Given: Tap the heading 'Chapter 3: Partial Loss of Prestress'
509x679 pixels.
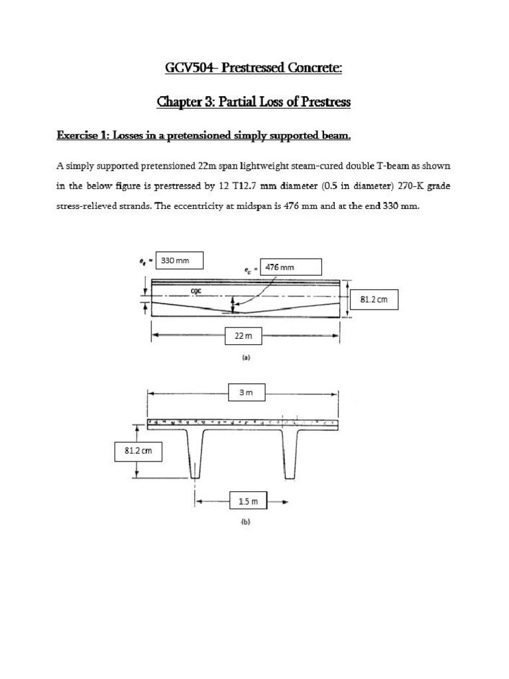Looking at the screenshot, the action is click(x=254, y=102).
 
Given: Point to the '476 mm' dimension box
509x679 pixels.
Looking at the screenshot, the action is click(x=292, y=267).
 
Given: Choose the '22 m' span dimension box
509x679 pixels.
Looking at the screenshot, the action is click(x=240, y=337).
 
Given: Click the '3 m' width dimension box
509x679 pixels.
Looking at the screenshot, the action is click(x=246, y=393).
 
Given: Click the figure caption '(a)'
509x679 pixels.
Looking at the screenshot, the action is click(x=245, y=357).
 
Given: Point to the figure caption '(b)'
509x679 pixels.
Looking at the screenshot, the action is click(x=245, y=522).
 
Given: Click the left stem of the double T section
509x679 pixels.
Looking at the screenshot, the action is click(x=194, y=454).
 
